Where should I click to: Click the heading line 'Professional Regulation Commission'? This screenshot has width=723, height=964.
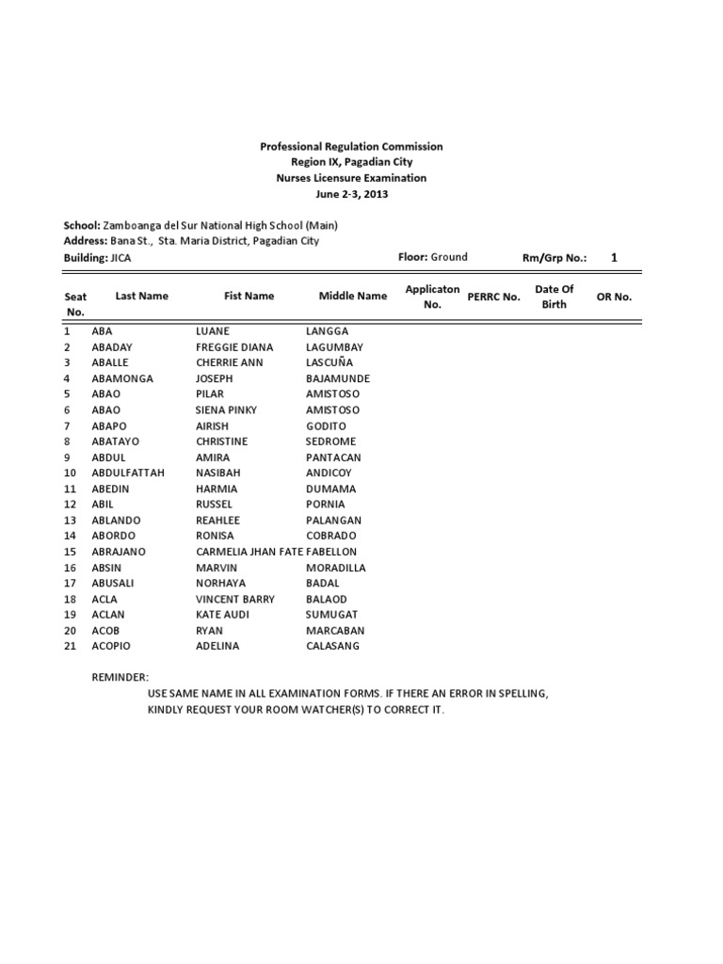pyautogui.click(x=351, y=147)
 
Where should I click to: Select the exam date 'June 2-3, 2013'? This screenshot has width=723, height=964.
pyautogui.click(x=351, y=194)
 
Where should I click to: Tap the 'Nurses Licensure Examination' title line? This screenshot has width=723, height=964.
pyautogui.click(x=351, y=178)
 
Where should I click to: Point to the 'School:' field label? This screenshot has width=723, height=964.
pyautogui.click(x=80, y=226)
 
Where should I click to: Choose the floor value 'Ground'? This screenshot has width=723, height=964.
pyautogui.click(x=449, y=257)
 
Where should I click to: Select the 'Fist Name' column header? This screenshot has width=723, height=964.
pyautogui.click(x=249, y=296)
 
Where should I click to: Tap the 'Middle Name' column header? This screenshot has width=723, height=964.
pyautogui.click(x=353, y=296)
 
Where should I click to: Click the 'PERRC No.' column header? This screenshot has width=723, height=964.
pyautogui.click(x=493, y=297)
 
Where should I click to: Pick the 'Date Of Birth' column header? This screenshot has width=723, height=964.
pyautogui.click(x=554, y=297)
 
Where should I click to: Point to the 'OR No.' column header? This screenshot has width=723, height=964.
pyautogui.click(x=614, y=297)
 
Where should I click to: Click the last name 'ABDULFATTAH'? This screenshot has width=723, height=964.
pyautogui.click(x=127, y=473)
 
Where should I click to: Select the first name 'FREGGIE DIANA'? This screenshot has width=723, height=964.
pyautogui.click(x=234, y=346)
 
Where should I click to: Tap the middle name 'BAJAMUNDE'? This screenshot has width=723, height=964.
pyautogui.click(x=338, y=378)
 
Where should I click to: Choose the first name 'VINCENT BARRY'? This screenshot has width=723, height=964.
pyautogui.click(x=235, y=599)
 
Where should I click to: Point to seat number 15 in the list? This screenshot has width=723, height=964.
pyautogui.click(x=70, y=552)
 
